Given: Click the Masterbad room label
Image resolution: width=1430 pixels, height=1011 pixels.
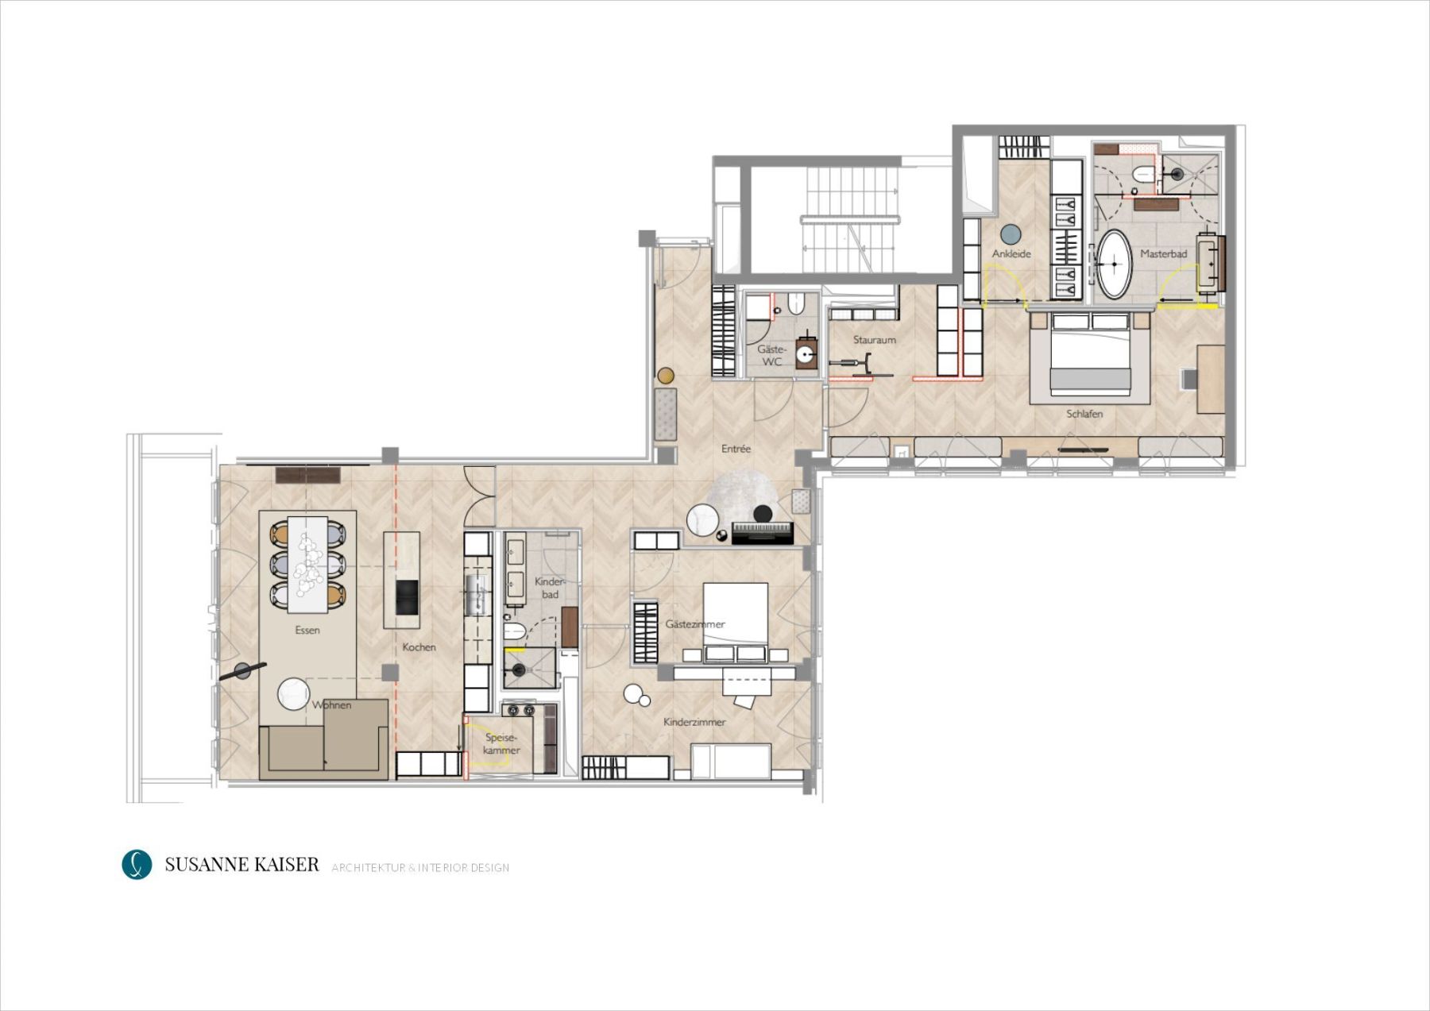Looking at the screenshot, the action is [x=1163, y=254].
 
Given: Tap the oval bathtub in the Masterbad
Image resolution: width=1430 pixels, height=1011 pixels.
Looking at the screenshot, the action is [x=1114, y=264].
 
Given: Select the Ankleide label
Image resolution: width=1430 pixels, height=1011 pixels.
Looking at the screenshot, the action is [x=1011, y=254].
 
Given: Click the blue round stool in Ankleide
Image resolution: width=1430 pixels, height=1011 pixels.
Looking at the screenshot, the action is [x=1011, y=234].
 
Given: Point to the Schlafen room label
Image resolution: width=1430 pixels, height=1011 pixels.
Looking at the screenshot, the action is [x=1084, y=414].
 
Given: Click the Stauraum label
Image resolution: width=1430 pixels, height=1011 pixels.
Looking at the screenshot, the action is [x=875, y=340].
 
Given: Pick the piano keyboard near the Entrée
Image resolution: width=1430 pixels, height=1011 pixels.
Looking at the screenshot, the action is [x=763, y=533].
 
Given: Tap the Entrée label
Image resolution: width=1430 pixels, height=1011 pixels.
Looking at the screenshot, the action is [x=736, y=449].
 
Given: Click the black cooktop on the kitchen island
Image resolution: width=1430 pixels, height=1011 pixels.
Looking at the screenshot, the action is [x=406, y=597].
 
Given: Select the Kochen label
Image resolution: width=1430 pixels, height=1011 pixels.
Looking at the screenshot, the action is [x=419, y=647].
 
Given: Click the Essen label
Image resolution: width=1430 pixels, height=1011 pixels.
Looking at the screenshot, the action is [x=307, y=631].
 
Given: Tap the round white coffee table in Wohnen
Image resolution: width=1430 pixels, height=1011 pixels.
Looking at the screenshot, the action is [x=293, y=694].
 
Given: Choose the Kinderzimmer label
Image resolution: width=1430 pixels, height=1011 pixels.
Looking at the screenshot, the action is [x=694, y=723].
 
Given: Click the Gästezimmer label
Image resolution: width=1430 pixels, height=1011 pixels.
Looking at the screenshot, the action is [x=695, y=624].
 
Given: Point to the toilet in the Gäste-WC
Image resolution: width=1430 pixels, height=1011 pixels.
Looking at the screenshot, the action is [x=797, y=303].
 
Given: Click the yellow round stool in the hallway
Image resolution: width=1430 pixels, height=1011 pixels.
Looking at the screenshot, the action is [x=666, y=375].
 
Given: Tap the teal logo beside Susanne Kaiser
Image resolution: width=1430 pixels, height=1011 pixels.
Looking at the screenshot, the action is [x=137, y=865].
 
